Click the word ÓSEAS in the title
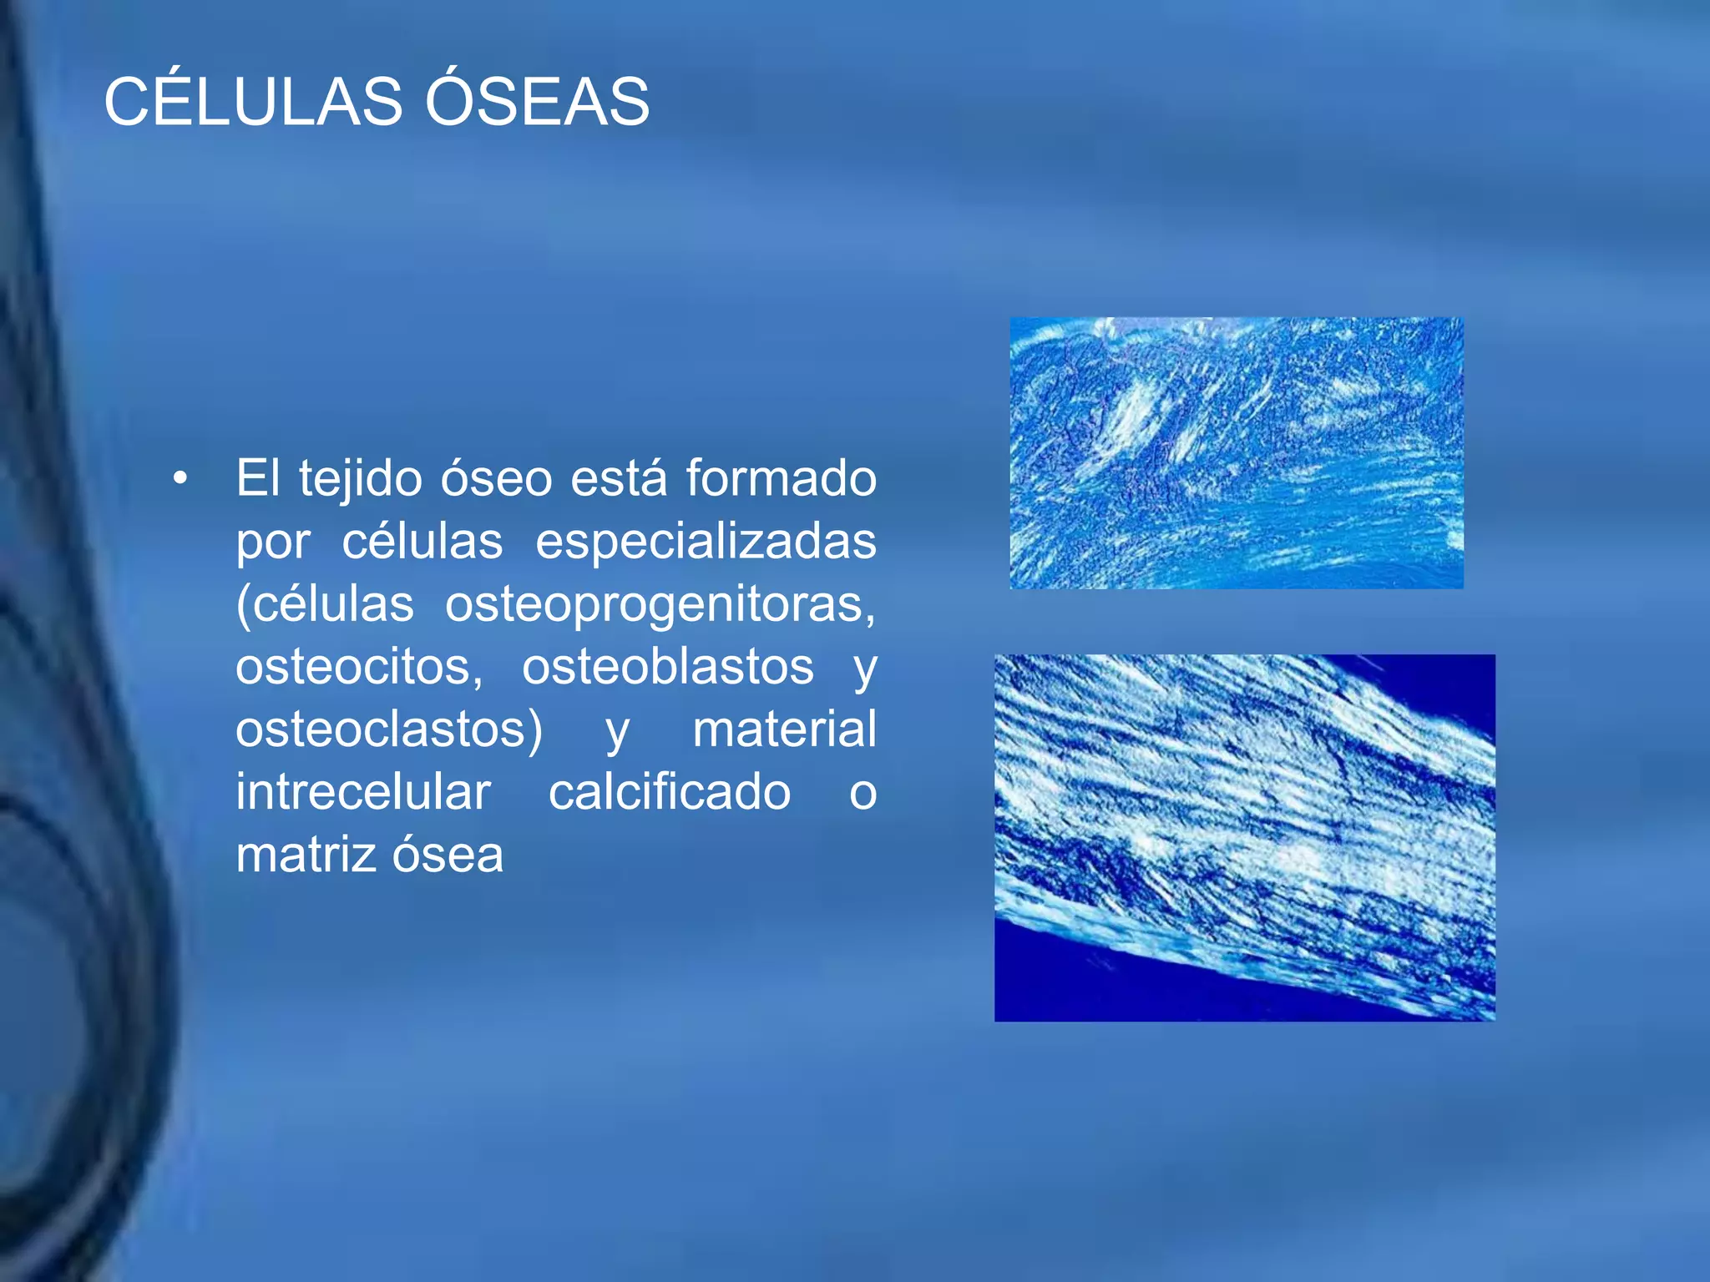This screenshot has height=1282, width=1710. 537,102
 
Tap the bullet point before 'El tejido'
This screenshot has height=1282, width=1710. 180,479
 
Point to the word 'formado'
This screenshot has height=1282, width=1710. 781,479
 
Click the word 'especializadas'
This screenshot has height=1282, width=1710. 706,542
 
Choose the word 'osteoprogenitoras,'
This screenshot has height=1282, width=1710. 660,604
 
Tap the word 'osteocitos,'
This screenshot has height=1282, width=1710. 359,667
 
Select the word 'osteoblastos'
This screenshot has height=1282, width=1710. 668,667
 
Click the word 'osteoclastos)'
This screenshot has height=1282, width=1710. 389,729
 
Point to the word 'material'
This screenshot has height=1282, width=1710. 784,729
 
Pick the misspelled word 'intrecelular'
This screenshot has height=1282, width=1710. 363,792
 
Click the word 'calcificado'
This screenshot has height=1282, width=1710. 670,792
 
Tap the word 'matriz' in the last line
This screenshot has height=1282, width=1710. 306,855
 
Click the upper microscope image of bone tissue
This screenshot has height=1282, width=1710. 1236,453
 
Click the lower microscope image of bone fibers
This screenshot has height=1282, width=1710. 1244,837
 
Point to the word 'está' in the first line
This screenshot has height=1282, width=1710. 619,479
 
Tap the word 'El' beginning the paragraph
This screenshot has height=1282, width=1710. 258,479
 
